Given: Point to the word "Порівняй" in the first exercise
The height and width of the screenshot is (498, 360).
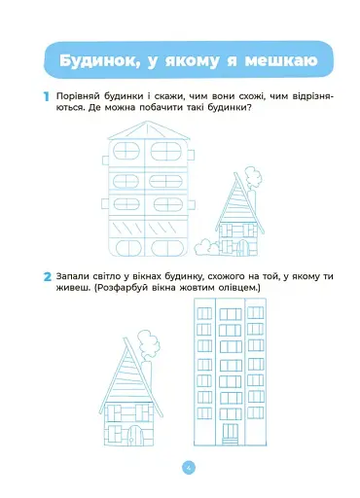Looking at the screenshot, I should [78, 93].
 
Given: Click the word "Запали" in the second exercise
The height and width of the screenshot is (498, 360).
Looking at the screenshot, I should [74, 276].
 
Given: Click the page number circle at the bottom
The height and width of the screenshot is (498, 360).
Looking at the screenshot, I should [188, 467].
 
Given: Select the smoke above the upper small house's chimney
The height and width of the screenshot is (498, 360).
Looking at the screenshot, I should [252, 177].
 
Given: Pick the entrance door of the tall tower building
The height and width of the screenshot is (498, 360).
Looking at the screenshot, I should [230, 430].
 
